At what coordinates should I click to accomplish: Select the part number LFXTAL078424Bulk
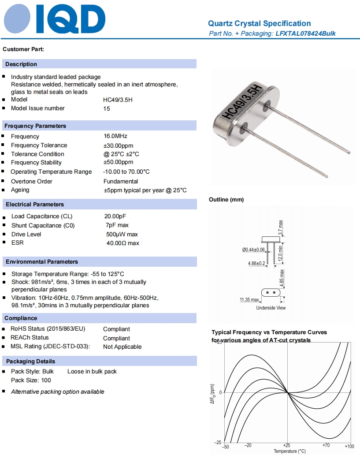click(x=305, y=34)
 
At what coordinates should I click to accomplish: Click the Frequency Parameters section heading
click(x=35, y=126)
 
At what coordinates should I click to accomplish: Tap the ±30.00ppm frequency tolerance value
click(x=118, y=145)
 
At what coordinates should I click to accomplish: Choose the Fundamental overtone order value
click(x=120, y=181)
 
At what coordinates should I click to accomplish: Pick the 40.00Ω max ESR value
click(x=122, y=243)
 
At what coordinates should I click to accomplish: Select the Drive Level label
click(x=26, y=235)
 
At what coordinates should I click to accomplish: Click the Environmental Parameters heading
click(x=42, y=262)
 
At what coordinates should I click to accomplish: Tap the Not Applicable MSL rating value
click(x=122, y=347)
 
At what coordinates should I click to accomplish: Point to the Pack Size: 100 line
click(x=31, y=380)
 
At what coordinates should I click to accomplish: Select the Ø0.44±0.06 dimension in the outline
click(x=253, y=250)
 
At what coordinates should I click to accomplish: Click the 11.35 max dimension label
click(x=249, y=300)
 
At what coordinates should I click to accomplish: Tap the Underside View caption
click(x=271, y=308)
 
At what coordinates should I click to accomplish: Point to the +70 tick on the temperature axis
click(x=326, y=446)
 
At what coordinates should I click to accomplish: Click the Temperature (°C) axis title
click(x=289, y=451)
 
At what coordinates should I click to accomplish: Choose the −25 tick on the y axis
click(x=218, y=442)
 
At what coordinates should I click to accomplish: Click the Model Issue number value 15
click(x=107, y=108)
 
